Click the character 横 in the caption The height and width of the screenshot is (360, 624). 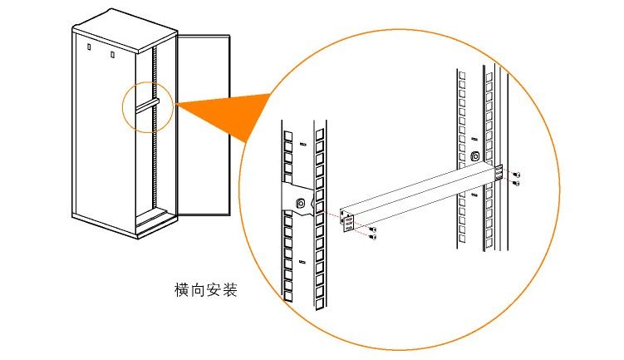tap(181, 289)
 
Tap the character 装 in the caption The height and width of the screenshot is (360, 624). tap(230, 289)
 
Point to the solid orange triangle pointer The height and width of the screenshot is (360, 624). tap(224, 116)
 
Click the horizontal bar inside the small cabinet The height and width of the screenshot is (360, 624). tap(147, 104)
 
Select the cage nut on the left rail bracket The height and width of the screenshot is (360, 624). tap(302, 204)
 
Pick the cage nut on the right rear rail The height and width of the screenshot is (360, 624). tap(474, 155)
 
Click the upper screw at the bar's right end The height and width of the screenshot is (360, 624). tap(517, 175)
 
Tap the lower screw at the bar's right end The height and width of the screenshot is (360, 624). tap(517, 183)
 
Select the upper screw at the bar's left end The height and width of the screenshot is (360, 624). tap(372, 229)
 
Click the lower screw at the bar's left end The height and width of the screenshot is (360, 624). tap(372, 237)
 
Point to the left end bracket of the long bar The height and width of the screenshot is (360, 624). tap(346, 222)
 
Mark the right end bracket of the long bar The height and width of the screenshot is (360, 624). tap(499, 173)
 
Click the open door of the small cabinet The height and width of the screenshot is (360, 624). tap(203, 125)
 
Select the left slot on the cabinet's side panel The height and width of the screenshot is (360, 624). tap(89, 47)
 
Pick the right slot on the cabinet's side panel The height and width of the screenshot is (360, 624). tap(113, 54)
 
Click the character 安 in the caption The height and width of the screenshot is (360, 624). tap(214, 289)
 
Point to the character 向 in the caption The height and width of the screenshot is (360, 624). tap(198, 289)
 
